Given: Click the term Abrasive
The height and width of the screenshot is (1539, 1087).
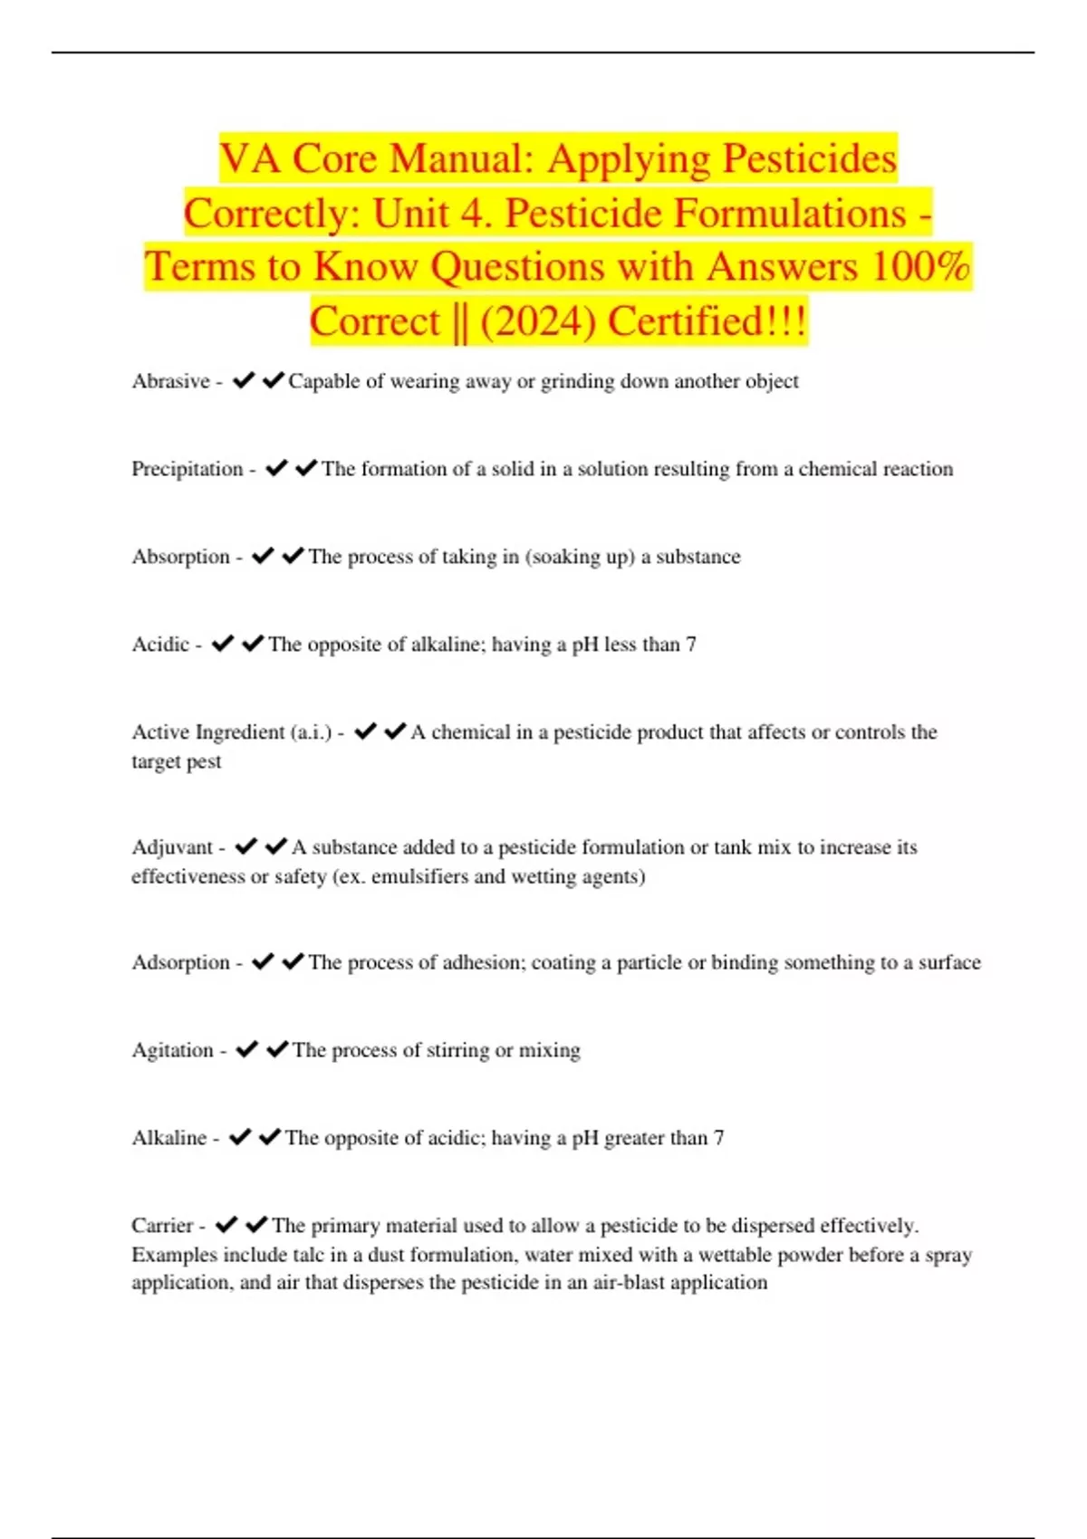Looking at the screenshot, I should (170, 381).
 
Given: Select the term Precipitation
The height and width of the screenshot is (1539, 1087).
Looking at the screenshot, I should (187, 469).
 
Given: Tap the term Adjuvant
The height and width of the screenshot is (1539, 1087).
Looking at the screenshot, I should (172, 847).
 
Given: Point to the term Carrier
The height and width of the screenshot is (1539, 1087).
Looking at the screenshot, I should (162, 1226).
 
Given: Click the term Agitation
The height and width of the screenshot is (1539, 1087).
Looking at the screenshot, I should (172, 1050).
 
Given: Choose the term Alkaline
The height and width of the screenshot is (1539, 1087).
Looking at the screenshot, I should (168, 1138).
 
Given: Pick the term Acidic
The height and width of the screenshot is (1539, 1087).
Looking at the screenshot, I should (160, 645).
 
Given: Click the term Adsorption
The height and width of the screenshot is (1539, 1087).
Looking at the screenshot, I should (180, 962).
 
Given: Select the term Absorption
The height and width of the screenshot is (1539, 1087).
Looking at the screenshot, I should (180, 557).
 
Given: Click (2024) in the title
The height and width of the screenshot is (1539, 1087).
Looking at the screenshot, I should (538, 321).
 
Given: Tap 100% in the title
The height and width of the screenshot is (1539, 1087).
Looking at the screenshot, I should (920, 267).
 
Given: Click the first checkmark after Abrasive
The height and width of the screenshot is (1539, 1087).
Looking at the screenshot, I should (244, 381).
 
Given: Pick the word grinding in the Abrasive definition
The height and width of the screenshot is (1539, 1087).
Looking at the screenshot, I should (577, 381).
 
